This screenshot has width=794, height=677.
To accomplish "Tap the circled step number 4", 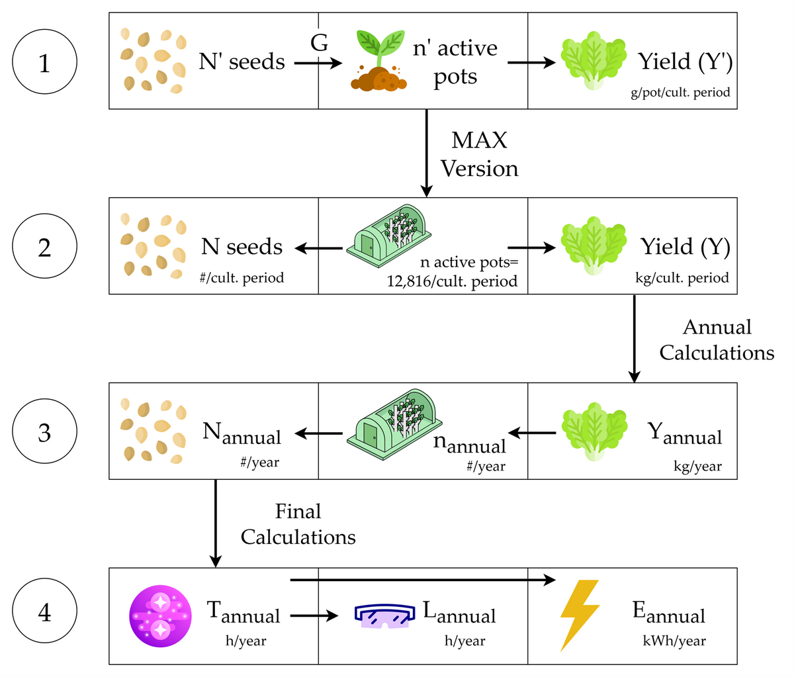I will [44, 613].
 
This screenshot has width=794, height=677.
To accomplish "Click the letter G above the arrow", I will [320, 44].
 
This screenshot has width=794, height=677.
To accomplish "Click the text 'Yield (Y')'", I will [685, 62].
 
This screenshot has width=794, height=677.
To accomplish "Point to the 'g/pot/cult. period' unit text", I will [680, 92].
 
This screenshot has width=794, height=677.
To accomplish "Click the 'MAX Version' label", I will [479, 154].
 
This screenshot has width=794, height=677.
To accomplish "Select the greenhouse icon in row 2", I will [389, 238].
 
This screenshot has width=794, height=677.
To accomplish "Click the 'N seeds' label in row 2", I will [242, 247].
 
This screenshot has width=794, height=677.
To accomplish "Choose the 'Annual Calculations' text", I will [717, 339].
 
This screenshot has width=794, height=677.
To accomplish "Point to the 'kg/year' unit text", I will [697, 467].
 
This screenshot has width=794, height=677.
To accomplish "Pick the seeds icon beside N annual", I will [151, 430].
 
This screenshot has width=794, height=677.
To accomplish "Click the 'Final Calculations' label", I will [298, 523].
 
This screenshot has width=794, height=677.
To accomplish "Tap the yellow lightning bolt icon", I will [580, 615].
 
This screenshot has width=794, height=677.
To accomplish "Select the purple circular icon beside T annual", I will [160, 615].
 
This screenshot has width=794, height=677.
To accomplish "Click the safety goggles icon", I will [384, 615].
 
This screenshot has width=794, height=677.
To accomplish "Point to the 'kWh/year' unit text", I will [674, 641].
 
